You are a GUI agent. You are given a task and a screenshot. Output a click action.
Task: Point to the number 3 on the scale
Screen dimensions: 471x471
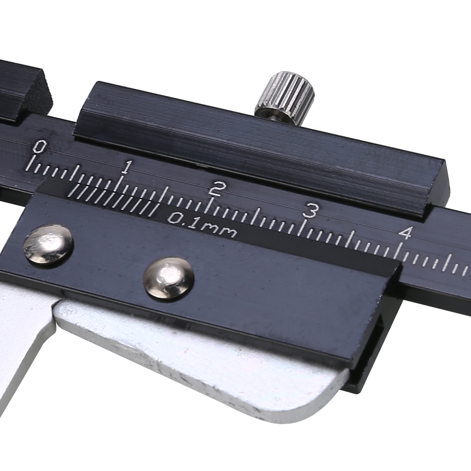pos(311,210)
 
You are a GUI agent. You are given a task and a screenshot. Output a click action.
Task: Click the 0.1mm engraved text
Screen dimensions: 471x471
pos(203,225)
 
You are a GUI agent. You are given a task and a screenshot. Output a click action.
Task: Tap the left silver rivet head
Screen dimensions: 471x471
pos(48,245)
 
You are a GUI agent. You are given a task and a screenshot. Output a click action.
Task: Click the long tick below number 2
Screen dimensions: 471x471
pos(212,206)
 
